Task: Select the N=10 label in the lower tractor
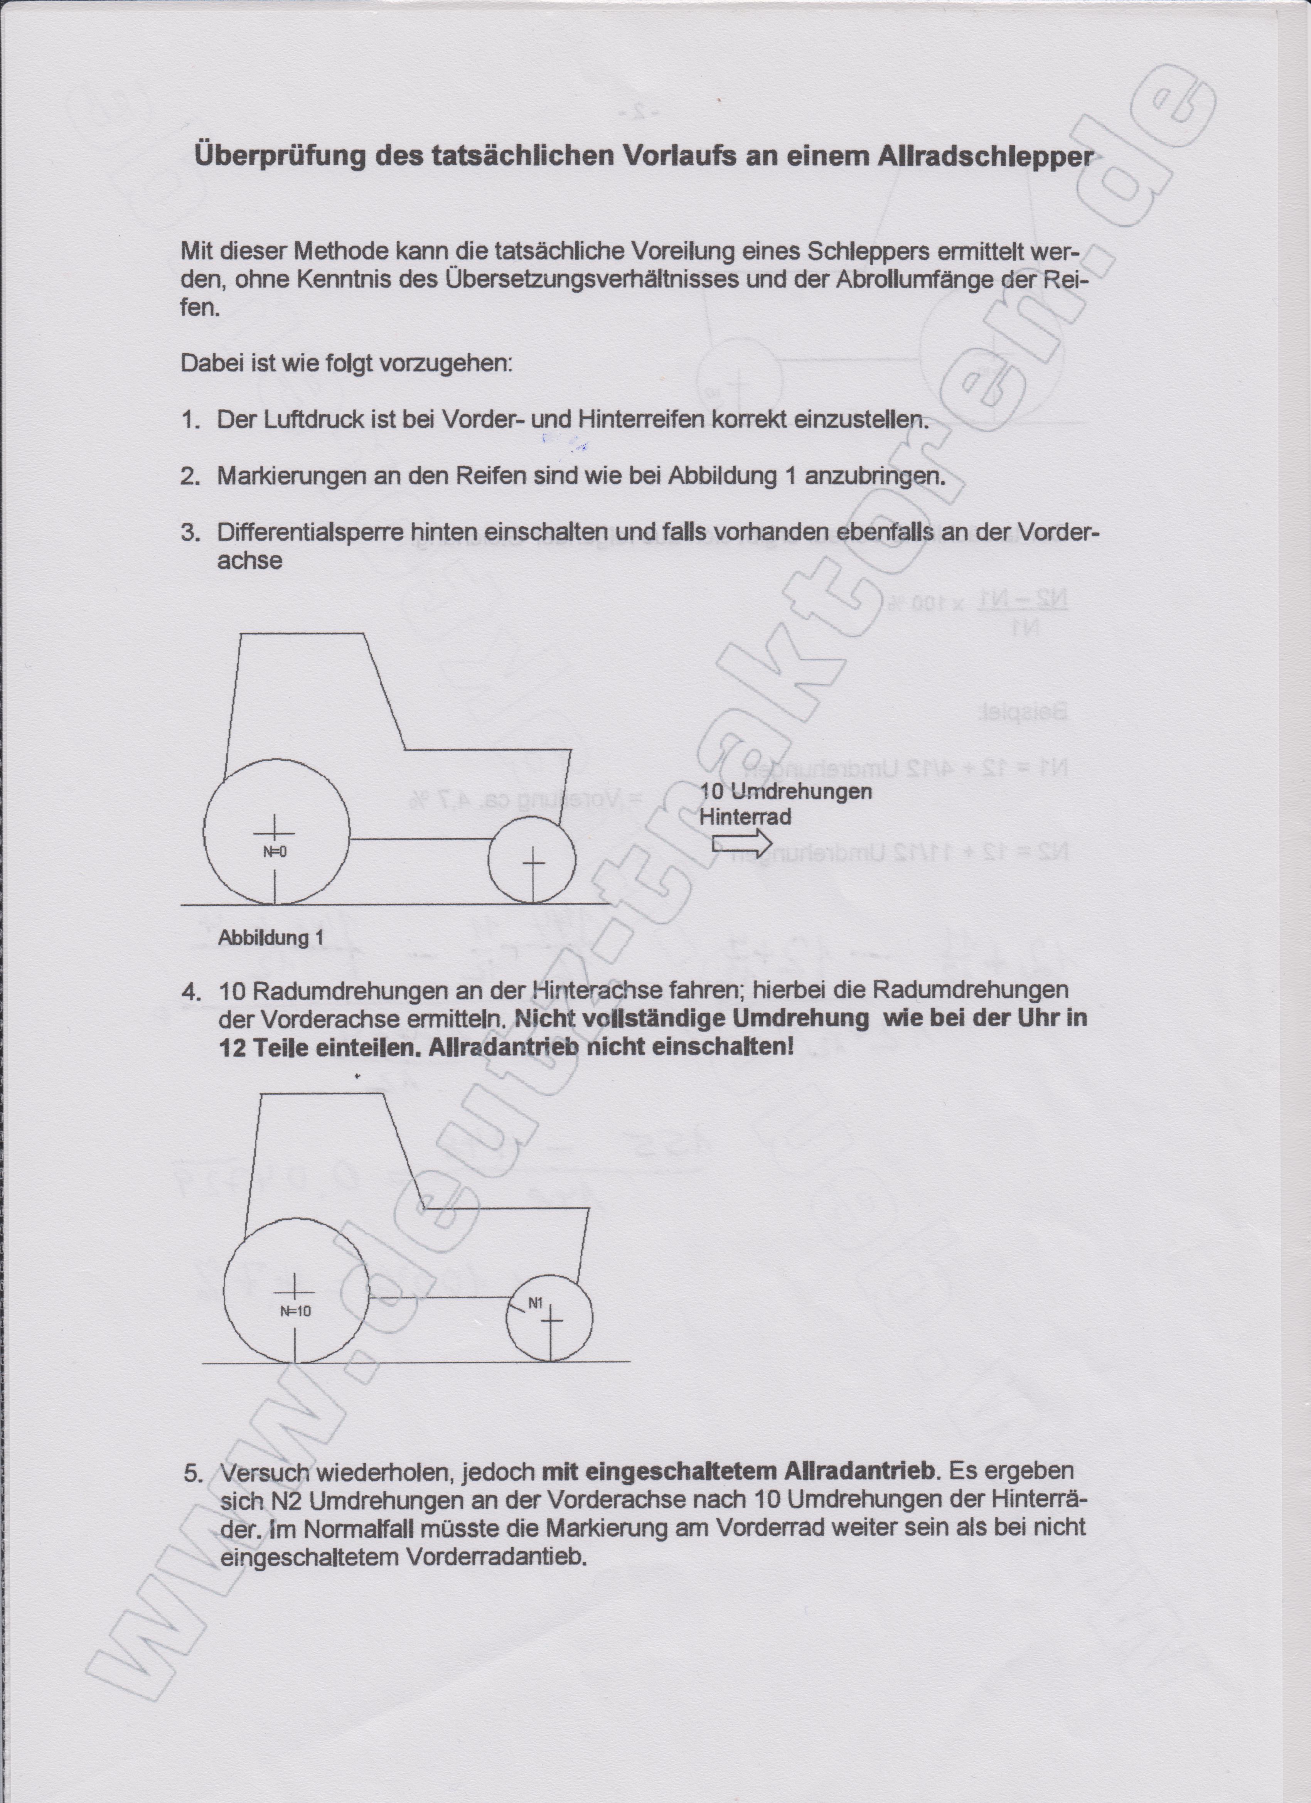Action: [x=295, y=1311]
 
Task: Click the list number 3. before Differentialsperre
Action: [x=190, y=532]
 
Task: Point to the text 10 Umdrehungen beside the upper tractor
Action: [x=785, y=792]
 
